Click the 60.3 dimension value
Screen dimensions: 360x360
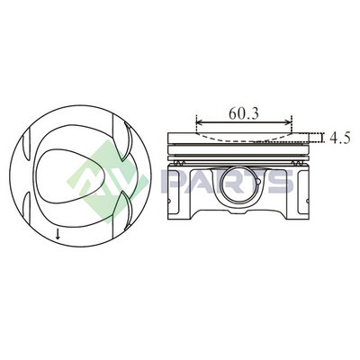click(x=243, y=113)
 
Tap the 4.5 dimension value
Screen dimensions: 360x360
click(x=340, y=138)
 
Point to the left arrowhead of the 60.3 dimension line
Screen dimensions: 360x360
click(x=200, y=122)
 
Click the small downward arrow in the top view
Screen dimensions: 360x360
click(x=58, y=234)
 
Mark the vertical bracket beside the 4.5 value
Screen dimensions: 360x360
click(x=323, y=138)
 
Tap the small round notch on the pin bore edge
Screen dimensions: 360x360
click(x=258, y=182)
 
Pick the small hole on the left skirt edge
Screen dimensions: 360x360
click(x=169, y=201)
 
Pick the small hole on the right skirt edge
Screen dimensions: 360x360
click(x=307, y=201)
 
